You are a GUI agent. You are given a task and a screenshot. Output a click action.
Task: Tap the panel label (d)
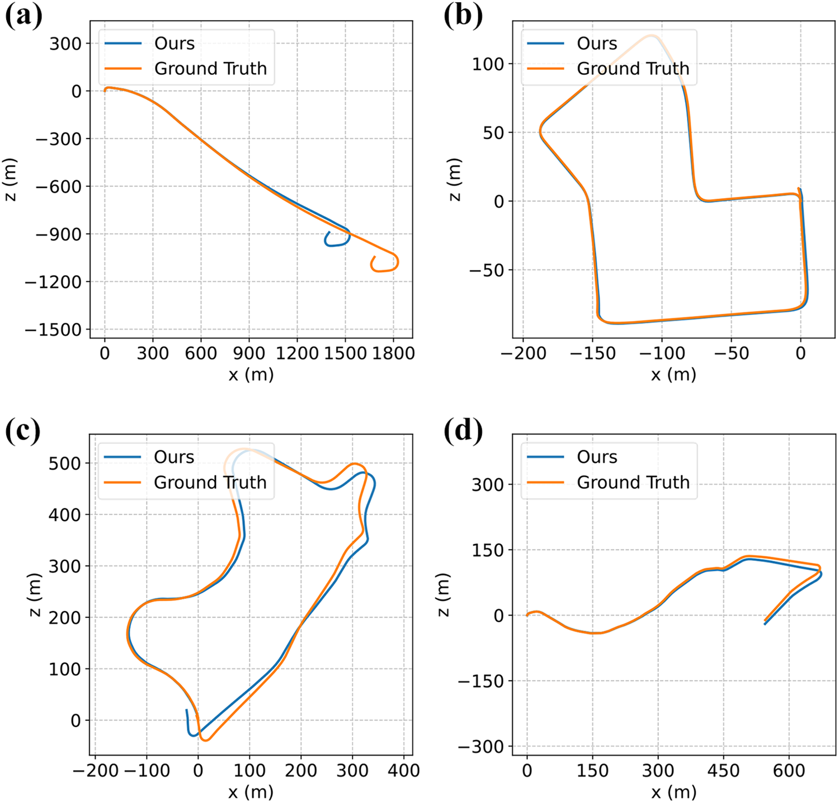(x=463, y=430)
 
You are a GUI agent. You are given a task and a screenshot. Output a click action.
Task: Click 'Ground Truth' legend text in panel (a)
(x=211, y=69)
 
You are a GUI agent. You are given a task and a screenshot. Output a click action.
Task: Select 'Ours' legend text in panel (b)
(x=597, y=44)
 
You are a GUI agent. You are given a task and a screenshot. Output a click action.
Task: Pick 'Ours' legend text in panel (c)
(x=174, y=457)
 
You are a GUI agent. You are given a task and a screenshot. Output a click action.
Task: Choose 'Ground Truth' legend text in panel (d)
(x=633, y=482)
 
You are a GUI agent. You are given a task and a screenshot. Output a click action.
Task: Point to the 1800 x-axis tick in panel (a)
(x=394, y=353)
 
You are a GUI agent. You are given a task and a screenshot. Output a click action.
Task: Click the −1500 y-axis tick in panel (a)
(x=54, y=330)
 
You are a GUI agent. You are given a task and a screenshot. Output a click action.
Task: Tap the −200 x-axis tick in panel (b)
(x=523, y=353)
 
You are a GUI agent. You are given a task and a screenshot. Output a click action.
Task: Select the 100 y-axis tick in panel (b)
(x=488, y=64)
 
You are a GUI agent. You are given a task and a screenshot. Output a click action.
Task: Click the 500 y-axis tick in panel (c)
(x=65, y=464)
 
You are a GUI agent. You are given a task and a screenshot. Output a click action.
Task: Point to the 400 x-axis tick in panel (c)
(x=404, y=771)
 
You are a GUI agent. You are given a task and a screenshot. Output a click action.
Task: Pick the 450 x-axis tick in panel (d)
(x=723, y=771)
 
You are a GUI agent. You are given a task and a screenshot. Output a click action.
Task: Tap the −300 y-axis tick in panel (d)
(x=481, y=747)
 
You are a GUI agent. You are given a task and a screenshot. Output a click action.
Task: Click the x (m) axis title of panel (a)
(x=251, y=375)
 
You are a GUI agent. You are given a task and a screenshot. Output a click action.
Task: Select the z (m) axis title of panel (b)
(x=455, y=180)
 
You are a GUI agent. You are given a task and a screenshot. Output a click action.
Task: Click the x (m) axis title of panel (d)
(x=674, y=792)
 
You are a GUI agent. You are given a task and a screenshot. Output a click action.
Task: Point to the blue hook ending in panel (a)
(x=338, y=238)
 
